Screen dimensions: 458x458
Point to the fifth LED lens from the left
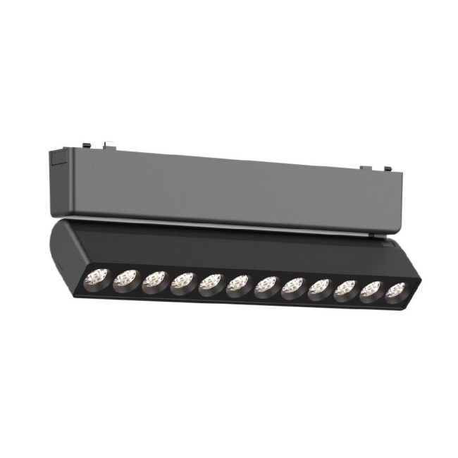click(x=210, y=284)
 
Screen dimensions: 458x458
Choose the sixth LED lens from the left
click(x=237, y=285)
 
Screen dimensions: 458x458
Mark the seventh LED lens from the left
click(x=266, y=286)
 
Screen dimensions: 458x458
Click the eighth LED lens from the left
click(x=292, y=287)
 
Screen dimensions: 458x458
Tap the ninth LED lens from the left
click(x=319, y=288)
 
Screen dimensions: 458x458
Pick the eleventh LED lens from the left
click(x=372, y=290)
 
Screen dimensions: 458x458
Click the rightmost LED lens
click(x=397, y=291)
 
